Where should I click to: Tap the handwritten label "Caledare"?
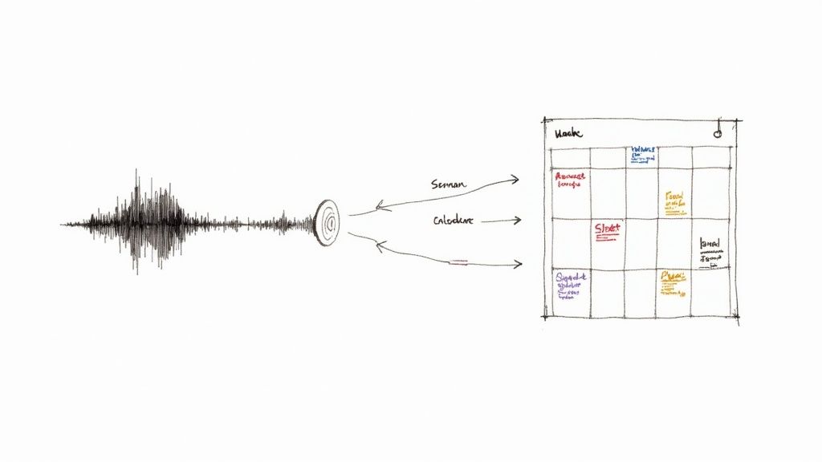pos(453,220)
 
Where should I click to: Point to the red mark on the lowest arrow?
pos(459,261)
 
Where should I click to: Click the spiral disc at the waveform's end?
pos(328,222)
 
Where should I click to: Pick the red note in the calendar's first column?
pos(570,179)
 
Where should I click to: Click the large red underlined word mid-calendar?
pos(608,229)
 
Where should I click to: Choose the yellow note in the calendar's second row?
pos(675,202)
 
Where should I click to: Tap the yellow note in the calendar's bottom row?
pos(672,281)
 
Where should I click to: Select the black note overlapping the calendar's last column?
pos(710,249)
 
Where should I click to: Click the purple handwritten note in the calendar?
pos(572,285)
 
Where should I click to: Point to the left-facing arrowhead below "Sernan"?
pos(380,208)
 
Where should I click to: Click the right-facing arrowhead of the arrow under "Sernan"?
pos(515,180)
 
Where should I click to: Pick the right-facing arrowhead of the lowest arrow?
pos(519,264)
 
